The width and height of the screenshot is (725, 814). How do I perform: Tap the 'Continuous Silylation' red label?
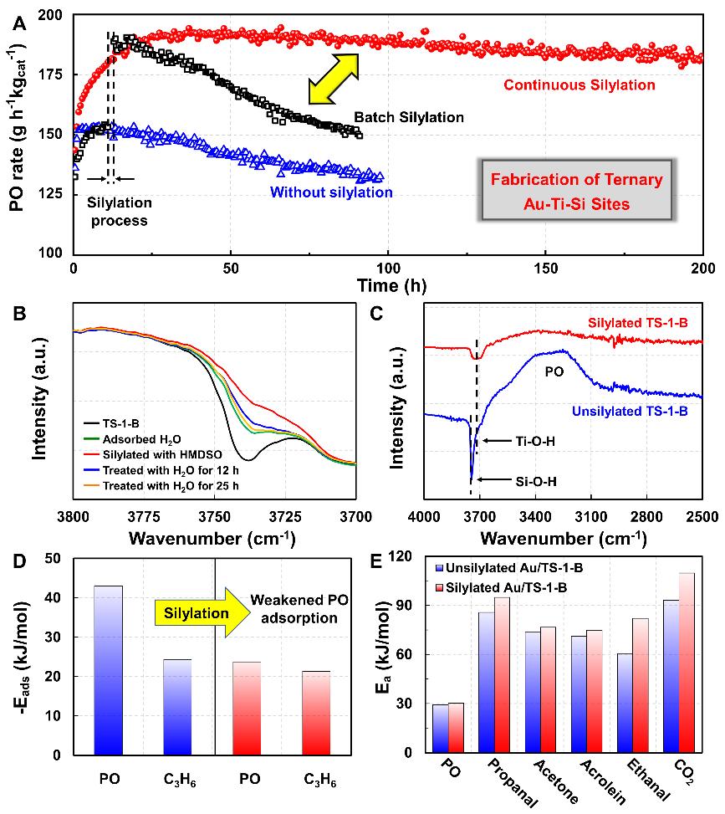click(579, 84)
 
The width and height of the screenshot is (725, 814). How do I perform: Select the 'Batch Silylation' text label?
click(408, 117)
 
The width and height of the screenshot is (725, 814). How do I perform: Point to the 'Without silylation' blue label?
click(331, 192)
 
